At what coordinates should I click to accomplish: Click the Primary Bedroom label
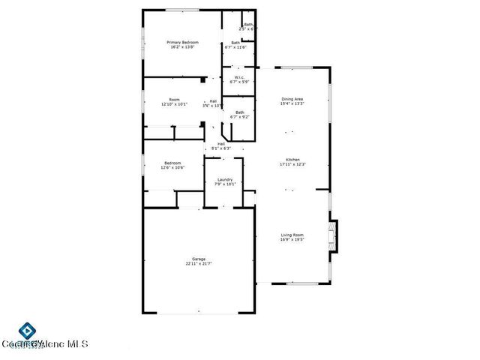pyautogui.click(x=181, y=42)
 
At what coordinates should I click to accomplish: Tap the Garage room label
pyautogui.click(x=199, y=259)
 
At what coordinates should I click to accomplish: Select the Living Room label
pyautogui.click(x=292, y=235)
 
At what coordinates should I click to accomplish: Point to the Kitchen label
pyautogui.click(x=292, y=159)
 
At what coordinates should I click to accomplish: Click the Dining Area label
pyautogui.click(x=292, y=99)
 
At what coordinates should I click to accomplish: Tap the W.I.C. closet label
pyautogui.click(x=238, y=77)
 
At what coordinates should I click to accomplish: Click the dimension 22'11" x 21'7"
pyautogui.click(x=199, y=264)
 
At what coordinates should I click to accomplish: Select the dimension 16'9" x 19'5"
pyautogui.click(x=292, y=241)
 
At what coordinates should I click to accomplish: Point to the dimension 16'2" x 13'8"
pyautogui.click(x=181, y=47)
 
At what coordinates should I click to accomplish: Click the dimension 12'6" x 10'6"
pyautogui.click(x=172, y=168)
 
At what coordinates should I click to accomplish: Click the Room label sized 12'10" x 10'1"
pyautogui.click(x=174, y=100)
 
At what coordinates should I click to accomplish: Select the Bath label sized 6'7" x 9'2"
pyautogui.click(x=239, y=112)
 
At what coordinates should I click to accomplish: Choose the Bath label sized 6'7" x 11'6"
pyautogui.click(x=235, y=43)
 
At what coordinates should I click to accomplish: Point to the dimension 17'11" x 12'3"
pyautogui.click(x=292, y=164)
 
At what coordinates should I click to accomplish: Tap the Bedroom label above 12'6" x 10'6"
pyautogui.click(x=172, y=163)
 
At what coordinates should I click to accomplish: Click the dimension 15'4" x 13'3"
pyautogui.click(x=292, y=104)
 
